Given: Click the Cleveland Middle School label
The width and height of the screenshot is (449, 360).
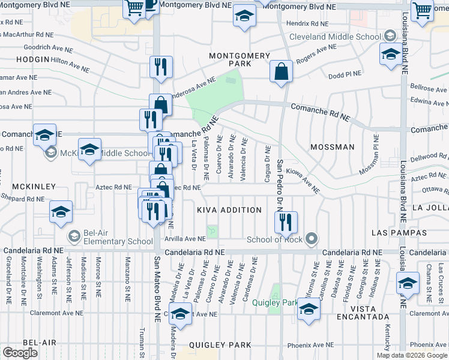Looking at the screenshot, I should pos(335,37).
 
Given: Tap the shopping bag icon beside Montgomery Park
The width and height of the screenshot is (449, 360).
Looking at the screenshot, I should pos(281,72).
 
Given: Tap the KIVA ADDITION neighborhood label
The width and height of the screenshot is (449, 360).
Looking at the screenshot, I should pos(229,210).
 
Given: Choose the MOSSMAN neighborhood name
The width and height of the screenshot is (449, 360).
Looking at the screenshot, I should pos(333,147).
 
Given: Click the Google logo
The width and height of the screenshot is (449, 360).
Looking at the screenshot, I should pos(20,353).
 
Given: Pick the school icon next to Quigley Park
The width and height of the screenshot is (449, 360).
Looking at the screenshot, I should pos(309,310).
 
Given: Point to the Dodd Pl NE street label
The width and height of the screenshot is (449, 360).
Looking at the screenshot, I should pos(345,75).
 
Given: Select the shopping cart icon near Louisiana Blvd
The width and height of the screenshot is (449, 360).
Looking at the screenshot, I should pos(423,10).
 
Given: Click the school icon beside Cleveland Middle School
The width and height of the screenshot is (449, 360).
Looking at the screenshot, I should pos(391,55).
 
